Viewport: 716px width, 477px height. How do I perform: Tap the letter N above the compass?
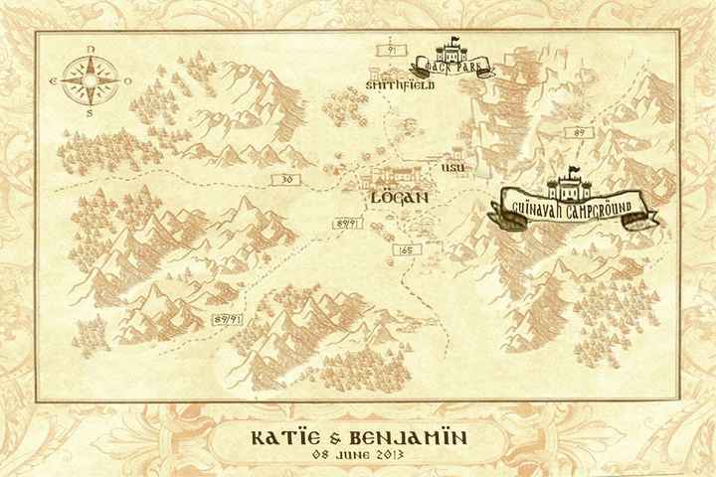(x=90, y=48)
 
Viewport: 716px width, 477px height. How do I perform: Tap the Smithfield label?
(x=400, y=86)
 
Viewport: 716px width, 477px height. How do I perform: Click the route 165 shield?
(x=404, y=252)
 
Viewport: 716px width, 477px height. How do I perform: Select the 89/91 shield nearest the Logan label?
(x=347, y=225)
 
